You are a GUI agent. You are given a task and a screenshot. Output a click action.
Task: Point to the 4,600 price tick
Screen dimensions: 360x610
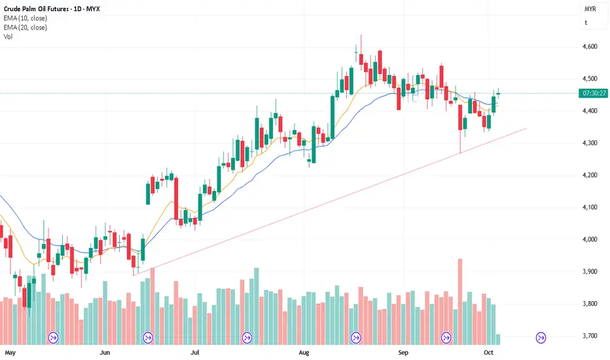click(x=589, y=46)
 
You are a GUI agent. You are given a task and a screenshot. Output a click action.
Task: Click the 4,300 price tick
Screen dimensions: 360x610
click(x=589, y=143)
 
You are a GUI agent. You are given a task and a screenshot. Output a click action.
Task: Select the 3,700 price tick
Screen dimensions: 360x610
click(x=589, y=336)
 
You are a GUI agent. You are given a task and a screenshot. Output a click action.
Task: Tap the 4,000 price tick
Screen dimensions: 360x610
click(x=589, y=240)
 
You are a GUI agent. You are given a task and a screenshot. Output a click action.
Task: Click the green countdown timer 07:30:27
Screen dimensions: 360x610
click(x=592, y=93)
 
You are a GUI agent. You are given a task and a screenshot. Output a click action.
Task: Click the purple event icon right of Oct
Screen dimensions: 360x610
click(x=541, y=338)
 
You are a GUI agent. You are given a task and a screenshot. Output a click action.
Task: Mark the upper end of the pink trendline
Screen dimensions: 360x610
click(x=526, y=128)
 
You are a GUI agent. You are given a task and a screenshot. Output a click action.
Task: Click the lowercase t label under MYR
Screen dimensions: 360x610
click(x=586, y=22)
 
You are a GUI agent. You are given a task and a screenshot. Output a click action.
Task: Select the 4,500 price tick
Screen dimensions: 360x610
click(x=589, y=79)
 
